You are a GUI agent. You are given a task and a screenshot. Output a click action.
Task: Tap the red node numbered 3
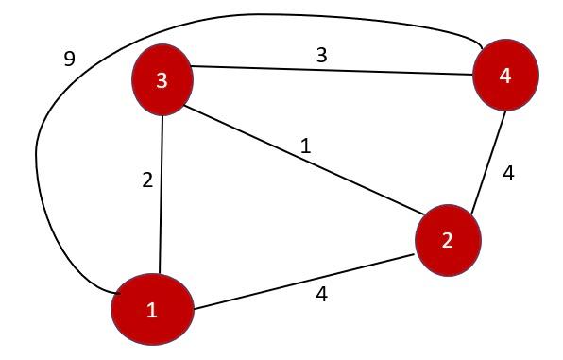point(162,79)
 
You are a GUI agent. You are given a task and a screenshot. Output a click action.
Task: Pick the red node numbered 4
point(505,76)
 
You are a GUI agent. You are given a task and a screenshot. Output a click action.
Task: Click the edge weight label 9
point(68,59)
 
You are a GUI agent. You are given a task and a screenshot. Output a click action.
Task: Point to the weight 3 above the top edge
point(321,55)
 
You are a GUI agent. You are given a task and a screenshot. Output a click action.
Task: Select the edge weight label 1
point(305,146)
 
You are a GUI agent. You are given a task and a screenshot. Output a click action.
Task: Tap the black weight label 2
point(146,180)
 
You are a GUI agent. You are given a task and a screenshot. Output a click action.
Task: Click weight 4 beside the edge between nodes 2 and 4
point(508,175)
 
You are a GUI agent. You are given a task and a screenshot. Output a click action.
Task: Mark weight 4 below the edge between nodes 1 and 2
point(321,294)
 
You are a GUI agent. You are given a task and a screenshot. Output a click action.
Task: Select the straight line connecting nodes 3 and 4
point(331,71)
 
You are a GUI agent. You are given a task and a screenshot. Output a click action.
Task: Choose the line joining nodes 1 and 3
point(162,189)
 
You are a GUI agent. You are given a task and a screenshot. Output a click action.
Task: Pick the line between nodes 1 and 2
point(302,282)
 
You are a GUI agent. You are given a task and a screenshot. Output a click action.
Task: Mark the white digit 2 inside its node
point(447,240)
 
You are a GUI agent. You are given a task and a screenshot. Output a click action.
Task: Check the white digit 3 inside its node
point(162,80)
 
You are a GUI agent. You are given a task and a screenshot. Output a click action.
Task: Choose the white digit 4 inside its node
point(505,76)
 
